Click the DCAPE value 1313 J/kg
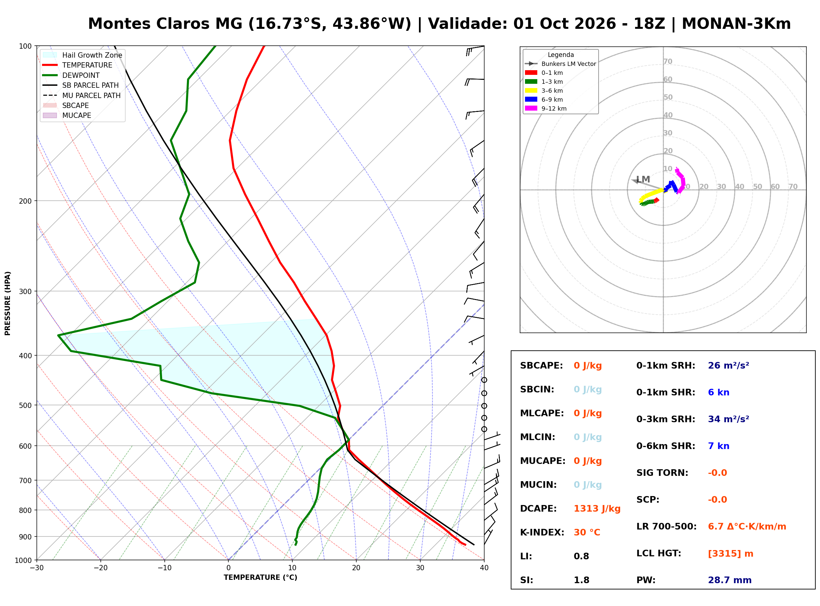pyautogui.click(x=597, y=509)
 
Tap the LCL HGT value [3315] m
pyautogui.click(x=731, y=554)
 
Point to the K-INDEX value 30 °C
pyautogui.click(x=587, y=532)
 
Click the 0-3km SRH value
pyautogui.click(x=729, y=419)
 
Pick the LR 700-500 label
pyautogui.click(x=666, y=527)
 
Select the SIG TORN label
pyautogui.click(x=662, y=473)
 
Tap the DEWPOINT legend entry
pyautogui.click(x=71, y=75)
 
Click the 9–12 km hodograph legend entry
pyautogui.click(x=546, y=109)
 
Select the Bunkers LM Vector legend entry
pyautogui.click(x=560, y=64)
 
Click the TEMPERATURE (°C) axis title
pyautogui.click(x=261, y=578)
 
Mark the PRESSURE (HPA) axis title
pyautogui.click(x=8, y=303)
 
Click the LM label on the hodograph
pyautogui.click(x=643, y=179)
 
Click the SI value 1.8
pyautogui.click(x=581, y=580)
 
